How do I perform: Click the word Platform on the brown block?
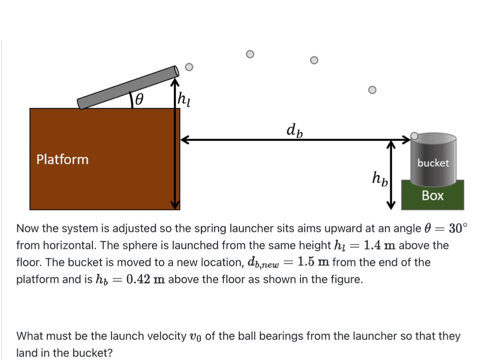coord(62,159)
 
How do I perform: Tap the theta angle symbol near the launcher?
coord(139,99)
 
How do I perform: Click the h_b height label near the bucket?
coord(379,178)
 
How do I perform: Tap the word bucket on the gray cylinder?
coord(433,163)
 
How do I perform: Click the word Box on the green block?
coord(432,195)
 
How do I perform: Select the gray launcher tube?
coord(128,87)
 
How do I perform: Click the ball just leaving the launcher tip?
coord(189,67)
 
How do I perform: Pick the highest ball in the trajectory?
coord(250,54)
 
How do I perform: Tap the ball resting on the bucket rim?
coord(414,136)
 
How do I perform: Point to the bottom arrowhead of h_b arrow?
coord(391,205)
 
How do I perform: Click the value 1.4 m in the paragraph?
coord(379,245)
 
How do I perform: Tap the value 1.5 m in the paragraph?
coord(313,262)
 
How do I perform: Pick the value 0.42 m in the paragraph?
coord(145,279)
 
